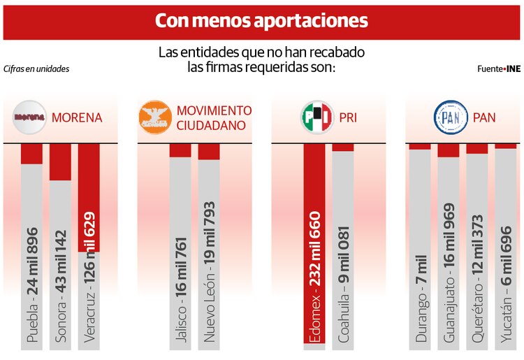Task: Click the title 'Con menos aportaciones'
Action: tap(261, 21)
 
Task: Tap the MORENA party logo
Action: tap(30, 117)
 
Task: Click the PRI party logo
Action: tap(316, 117)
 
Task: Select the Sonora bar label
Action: tap(61, 289)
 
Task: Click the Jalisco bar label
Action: tap(181, 294)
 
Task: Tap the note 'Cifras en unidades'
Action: tap(36, 69)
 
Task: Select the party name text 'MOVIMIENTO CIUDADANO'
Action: tap(214, 117)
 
